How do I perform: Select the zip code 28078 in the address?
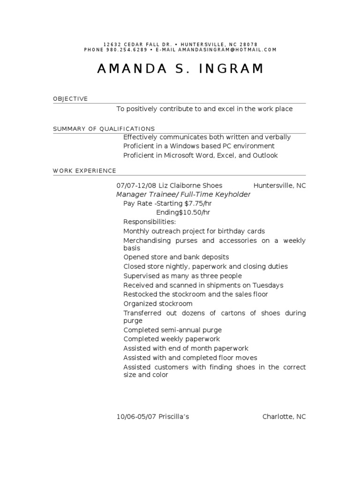pyautogui.click(x=247, y=44)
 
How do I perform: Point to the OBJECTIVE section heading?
pyautogui.click(x=70, y=99)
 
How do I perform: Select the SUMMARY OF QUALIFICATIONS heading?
pyautogui.click(x=104, y=128)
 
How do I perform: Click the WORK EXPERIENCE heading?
pyautogui.click(x=84, y=171)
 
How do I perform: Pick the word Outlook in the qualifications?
pyautogui.click(x=266, y=156)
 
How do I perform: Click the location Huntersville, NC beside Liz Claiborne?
pyautogui.click(x=279, y=186)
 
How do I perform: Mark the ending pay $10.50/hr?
pyautogui.click(x=195, y=212)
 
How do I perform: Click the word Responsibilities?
pyautogui.click(x=150, y=222)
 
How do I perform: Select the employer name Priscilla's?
pyautogui.click(x=173, y=416)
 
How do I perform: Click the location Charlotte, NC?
pyautogui.click(x=284, y=416)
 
